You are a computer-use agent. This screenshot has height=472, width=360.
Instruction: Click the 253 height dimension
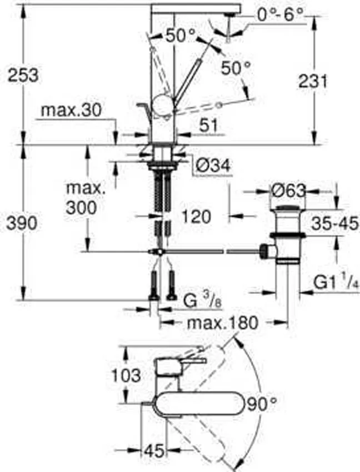coord(23,74)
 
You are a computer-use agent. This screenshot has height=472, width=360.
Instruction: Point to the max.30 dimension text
coord(71,111)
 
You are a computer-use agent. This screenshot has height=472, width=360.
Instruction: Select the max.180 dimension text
coord(223,323)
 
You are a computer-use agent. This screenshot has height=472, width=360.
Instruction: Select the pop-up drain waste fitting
coord(287,233)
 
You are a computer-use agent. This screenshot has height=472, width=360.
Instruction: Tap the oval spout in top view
coord(203,403)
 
